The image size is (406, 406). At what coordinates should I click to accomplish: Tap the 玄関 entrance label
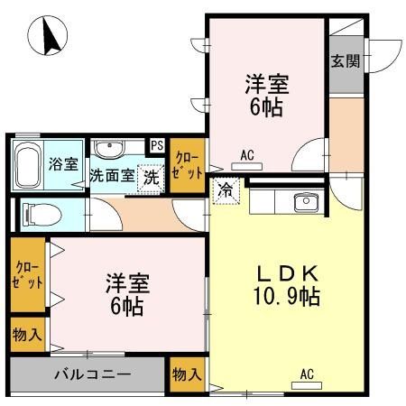coord(344,61)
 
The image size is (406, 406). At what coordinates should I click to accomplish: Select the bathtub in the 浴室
coord(29,163)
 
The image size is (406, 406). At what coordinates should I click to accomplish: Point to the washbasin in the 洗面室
coord(111,149)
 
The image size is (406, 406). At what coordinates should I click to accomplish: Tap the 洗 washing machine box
coord(152,176)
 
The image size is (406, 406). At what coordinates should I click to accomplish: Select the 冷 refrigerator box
coord(224,189)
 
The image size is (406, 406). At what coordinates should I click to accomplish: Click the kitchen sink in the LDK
coord(307,202)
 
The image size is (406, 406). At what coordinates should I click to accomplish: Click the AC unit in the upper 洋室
coord(245,165)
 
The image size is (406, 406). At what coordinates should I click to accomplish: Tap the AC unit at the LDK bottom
coord(306,383)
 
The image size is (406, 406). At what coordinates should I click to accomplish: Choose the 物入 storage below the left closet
coord(27,335)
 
